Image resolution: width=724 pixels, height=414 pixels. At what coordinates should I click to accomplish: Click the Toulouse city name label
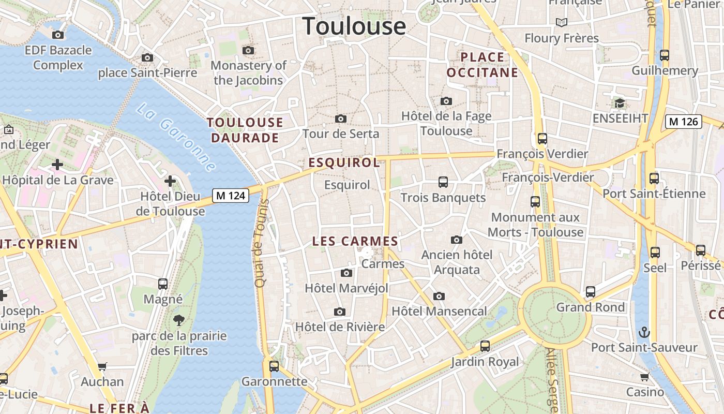[x=354, y=26]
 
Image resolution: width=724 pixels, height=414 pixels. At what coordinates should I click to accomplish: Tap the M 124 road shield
[x=231, y=196]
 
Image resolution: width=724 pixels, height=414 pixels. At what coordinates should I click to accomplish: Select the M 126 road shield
[x=683, y=122]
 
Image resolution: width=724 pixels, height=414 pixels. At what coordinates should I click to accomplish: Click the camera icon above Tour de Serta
[x=341, y=119]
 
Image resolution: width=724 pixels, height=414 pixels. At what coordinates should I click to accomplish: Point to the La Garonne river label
[x=176, y=137]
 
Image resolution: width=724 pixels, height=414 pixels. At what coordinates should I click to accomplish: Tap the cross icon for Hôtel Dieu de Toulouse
[x=170, y=181]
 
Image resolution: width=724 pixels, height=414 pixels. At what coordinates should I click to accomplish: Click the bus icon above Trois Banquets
[x=443, y=182]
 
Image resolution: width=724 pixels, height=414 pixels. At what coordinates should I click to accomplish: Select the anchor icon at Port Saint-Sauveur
[x=644, y=332]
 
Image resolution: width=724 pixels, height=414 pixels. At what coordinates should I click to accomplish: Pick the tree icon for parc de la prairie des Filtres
[x=179, y=320]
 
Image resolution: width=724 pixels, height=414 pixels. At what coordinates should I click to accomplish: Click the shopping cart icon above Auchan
[x=102, y=366]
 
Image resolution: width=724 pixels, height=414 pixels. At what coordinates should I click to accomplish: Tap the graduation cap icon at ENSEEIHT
[x=620, y=103]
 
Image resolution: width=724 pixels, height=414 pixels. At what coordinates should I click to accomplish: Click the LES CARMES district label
[x=355, y=241]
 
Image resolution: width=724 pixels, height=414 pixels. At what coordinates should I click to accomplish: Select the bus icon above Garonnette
[x=274, y=366]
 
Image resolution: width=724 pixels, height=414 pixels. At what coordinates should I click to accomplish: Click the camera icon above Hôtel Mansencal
[x=439, y=296]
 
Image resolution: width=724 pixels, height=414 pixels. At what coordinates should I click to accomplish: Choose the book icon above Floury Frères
[x=562, y=22]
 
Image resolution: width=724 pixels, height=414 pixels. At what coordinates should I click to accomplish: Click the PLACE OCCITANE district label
[x=482, y=65]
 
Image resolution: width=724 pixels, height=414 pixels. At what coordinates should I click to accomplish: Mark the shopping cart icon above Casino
[x=644, y=377]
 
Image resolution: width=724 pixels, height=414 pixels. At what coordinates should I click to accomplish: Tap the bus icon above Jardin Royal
[x=485, y=346]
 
